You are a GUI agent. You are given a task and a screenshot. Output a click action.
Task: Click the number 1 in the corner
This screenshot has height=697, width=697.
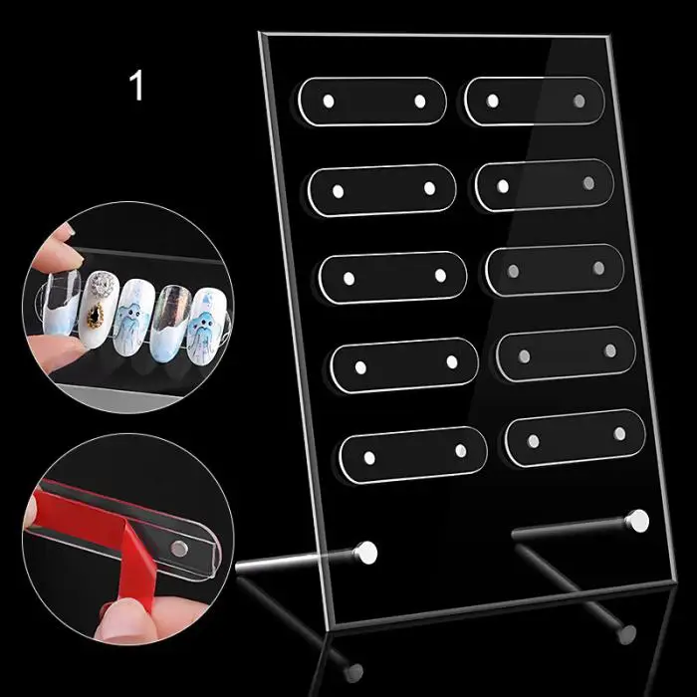[137, 86]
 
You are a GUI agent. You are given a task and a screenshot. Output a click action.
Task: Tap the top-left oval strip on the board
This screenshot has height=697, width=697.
[372, 102]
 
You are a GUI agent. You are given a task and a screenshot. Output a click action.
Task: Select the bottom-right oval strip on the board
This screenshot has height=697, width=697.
[576, 438]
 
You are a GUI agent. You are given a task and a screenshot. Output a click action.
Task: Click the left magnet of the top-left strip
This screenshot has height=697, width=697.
[329, 102]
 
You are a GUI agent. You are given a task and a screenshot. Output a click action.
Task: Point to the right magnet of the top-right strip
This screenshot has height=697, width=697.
[579, 101]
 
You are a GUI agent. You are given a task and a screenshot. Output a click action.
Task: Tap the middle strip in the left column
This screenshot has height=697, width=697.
[393, 278]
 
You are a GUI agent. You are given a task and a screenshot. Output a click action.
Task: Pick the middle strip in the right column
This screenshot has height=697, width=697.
[555, 270]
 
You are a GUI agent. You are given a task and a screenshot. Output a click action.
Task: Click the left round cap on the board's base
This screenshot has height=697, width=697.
[367, 553]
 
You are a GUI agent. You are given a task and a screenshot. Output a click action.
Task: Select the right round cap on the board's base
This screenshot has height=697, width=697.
[638, 521]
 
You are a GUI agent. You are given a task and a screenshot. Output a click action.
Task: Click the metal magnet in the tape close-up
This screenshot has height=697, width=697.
[179, 549]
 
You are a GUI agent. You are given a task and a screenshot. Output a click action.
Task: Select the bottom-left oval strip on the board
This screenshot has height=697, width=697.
[413, 455]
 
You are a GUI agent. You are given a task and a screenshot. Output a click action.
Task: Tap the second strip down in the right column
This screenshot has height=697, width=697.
[545, 185]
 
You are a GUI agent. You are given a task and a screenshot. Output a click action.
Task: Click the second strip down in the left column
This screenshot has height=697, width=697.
[381, 190]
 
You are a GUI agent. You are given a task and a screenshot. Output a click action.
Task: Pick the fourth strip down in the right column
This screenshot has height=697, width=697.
[566, 353]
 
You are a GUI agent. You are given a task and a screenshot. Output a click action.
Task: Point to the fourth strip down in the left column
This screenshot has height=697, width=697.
[404, 365]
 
